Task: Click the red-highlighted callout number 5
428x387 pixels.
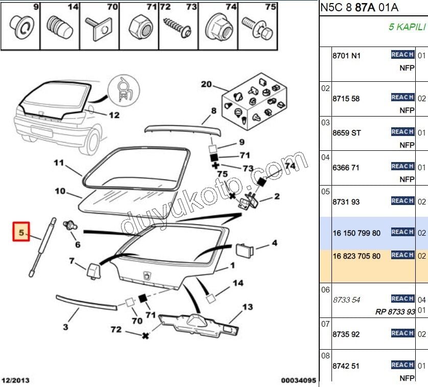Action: (x=21, y=233)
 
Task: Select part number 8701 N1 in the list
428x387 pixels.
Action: (x=346, y=56)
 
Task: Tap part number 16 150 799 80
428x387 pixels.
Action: (x=356, y=233)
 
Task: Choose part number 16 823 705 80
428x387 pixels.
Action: (x=356, y=256)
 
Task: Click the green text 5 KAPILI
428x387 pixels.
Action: (x=406, y=27)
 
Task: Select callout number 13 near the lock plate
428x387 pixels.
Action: (x=247, y=307)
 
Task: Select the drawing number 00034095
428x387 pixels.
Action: (x=299, y=380)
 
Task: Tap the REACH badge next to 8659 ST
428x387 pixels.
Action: (x=402, y=132)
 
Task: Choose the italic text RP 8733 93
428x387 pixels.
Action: (x=395, y=311)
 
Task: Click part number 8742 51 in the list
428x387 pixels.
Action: (x=346, y=366)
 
